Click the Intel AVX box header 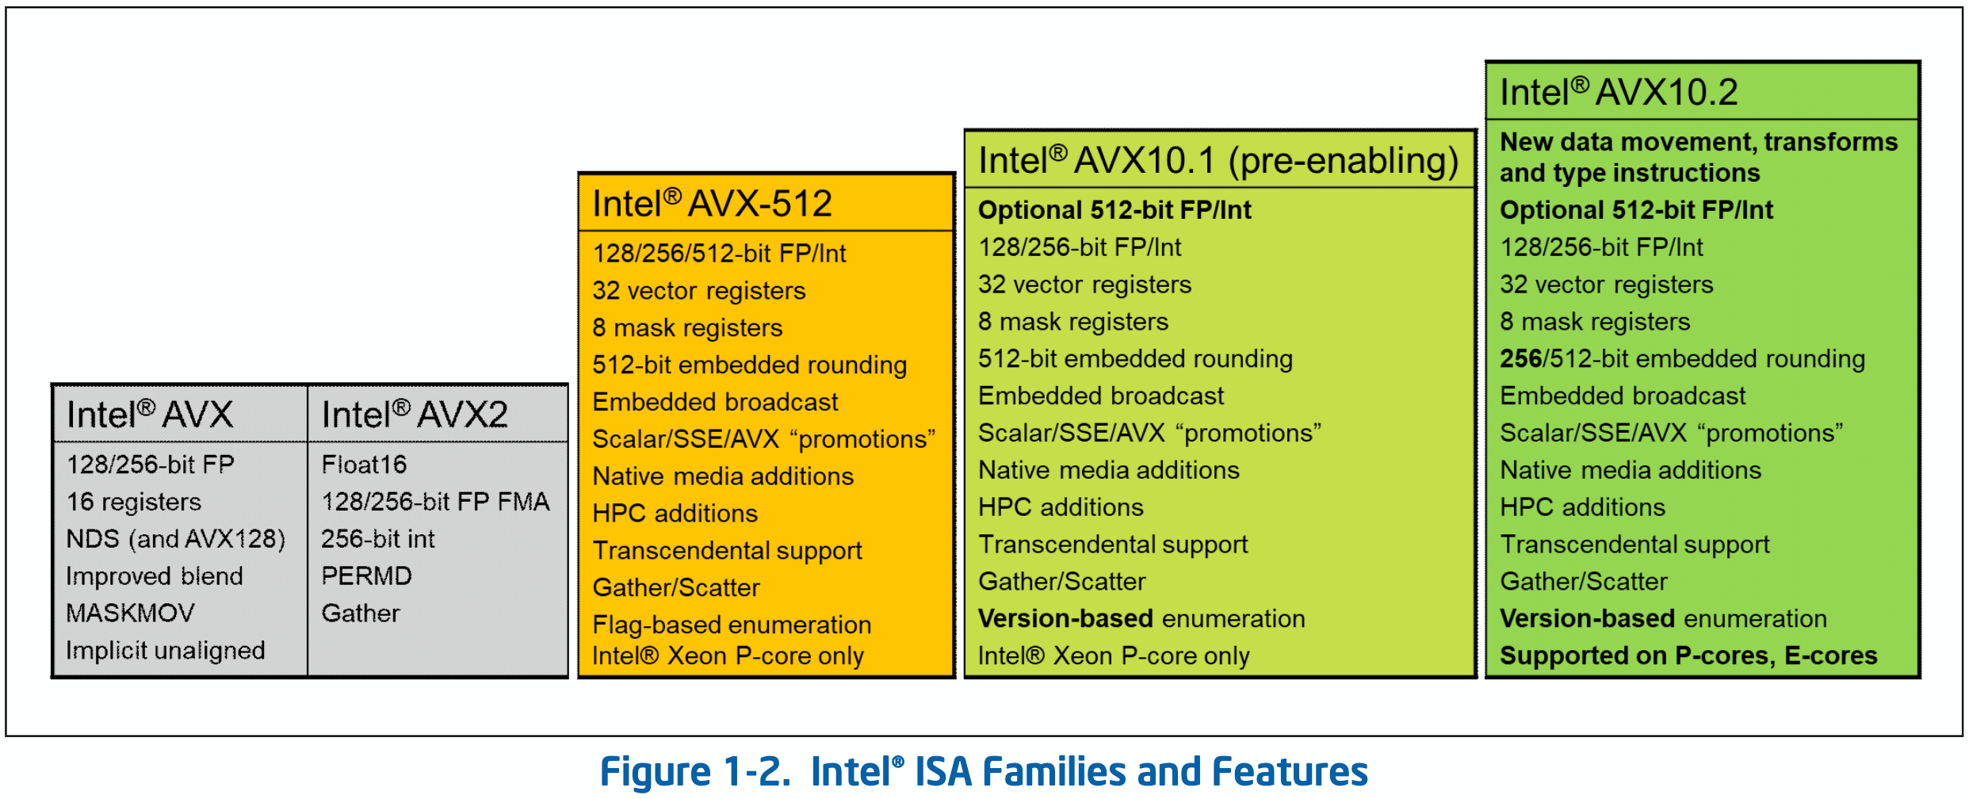[x=150, y=415]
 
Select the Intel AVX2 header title [x=414, y=415]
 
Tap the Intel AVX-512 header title [x=712, y=204]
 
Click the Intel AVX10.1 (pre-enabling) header [x=1218, y=160]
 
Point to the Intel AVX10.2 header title [x=1619, y=92]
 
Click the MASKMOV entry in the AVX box [x=130, y=613]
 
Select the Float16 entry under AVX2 [x=364, y=464]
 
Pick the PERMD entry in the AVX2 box [x=366, y=575]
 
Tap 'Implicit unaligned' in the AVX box [x=165, y=650]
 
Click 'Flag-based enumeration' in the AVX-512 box [x=732, y=625]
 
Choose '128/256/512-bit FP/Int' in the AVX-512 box [x=719, y=253]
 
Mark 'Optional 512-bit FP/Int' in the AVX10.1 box [x=1114, y=210]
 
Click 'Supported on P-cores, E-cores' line [x=1688, y=656]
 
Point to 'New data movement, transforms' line [x=1699, y=142]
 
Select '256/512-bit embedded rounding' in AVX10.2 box [x=1682, y=358]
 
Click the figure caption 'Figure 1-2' [x=984, y=771]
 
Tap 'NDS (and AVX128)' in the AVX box [x=175, y=539]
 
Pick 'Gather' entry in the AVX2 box [x=361, y=613]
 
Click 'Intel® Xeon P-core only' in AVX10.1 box [x=1114, y=656]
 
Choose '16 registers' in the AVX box [x=134, y=502]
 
